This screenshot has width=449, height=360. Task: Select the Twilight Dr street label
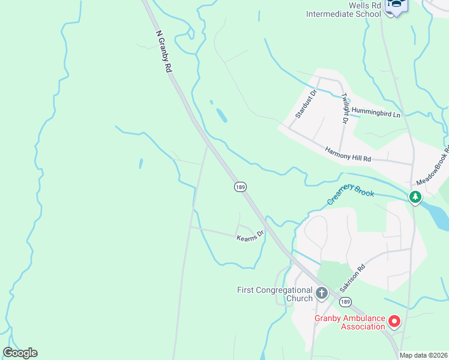pyautogui.click(x=345, y=109)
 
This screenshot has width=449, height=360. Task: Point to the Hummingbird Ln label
pyautogui.click(x=376, y=112)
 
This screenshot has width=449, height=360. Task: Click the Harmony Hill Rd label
pyautogui.click(x=348, y=154)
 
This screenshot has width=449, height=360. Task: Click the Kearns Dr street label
pyautogui.click(x=250, y=236)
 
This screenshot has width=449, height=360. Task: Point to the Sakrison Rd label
pyautogui.click(x=352, y=279)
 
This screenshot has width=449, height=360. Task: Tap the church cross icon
pyautogui.click(x=321, y=293)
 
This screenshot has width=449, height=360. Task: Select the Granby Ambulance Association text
pyautogui.click(x=350, y=322)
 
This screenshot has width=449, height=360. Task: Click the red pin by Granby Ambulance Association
pyautogui.click(x=394, y=322)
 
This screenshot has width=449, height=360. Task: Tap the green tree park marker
pyautogui.click(x=415, y=196)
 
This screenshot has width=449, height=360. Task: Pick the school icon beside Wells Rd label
pyautogui.click(x=396, y=5)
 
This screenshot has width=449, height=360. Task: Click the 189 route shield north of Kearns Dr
pyautogui.click(x=240, y=187)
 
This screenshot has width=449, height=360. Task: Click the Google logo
pyautogui.click(x=20, y=353)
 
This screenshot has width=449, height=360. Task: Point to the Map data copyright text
pyautogui.click(x=423, y=355)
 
